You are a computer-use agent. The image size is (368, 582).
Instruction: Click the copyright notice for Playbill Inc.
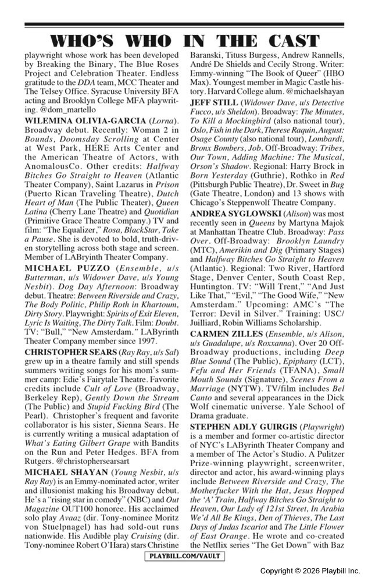tap(310, 570)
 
